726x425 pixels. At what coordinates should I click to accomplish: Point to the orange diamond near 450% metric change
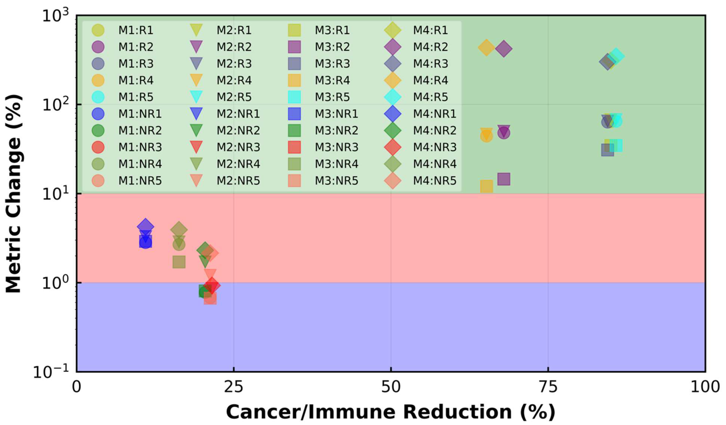pos(486,47)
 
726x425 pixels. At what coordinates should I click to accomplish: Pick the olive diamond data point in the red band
pos(179,230)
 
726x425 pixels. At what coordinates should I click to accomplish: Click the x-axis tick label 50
pos(391,387)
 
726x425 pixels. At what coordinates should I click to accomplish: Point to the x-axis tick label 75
pos(548,387)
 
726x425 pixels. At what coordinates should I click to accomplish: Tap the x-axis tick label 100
pos(705,387)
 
